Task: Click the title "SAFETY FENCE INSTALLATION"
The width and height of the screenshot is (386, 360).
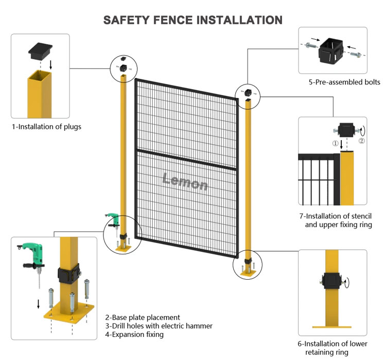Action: click(x=193, y=20)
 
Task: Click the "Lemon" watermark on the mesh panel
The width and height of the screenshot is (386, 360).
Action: click(x=185, y=181)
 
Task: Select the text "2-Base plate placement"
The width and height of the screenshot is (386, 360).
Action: click(x=143, y=318)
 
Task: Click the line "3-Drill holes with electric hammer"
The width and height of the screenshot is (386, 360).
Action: click(x=159, y=326)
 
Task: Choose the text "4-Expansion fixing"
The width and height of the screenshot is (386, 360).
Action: click(x=134, y=335)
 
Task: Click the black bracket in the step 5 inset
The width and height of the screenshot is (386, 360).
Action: click(x=332, y=51)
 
